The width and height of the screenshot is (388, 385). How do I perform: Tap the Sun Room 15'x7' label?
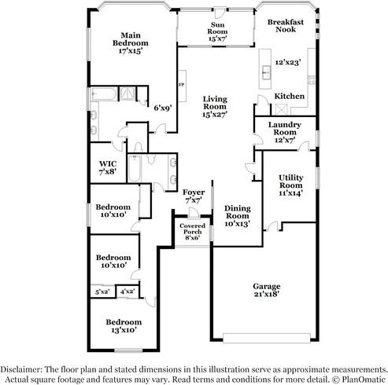[217, 31]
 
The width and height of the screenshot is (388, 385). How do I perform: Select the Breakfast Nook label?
[286, 26]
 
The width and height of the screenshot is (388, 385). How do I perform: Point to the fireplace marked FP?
[182, 86]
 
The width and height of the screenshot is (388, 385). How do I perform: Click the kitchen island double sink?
[267, 72]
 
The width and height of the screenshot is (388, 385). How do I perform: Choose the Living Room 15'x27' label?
[215, 107]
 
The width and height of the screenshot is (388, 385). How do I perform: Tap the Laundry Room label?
[285, 128]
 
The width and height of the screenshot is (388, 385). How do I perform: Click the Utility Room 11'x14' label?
[291, 185]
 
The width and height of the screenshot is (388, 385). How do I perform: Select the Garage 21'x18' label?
[267, 290]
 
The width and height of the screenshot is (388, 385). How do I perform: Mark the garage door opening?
[267, 338]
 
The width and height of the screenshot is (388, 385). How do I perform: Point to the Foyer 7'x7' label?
[194, 196]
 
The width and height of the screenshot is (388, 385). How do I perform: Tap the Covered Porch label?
[192, 229]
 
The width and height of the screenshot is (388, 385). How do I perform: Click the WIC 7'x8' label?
[108, 168]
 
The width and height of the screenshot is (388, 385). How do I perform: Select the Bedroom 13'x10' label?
[124, 326]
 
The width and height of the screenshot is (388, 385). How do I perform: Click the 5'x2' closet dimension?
[102, 291]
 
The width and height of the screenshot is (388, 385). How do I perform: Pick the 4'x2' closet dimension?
[127, 291]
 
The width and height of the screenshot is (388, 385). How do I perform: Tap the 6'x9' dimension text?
[163, 108]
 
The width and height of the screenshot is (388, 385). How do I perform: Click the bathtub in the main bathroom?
[104, 94]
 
